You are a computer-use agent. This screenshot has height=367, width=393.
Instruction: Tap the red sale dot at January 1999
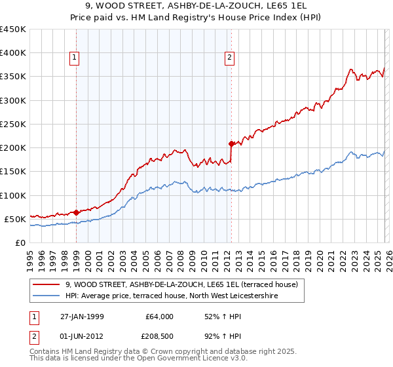pos(77,212)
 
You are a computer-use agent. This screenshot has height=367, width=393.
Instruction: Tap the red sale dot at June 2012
pos(231,144)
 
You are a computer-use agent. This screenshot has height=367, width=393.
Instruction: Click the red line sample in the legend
pos(47,284)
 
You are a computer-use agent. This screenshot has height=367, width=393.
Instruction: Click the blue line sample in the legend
pos(47,296)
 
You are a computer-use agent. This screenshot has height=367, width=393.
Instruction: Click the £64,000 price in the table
pos(159,316)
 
